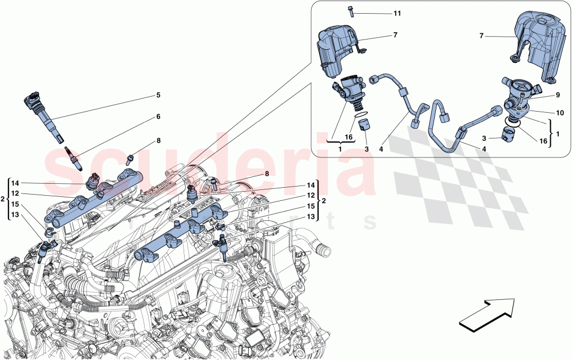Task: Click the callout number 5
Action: pos(158,94)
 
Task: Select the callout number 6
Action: pos(158,116)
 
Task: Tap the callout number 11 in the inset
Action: pos(397,13)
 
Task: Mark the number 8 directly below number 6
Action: pos(158,140)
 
